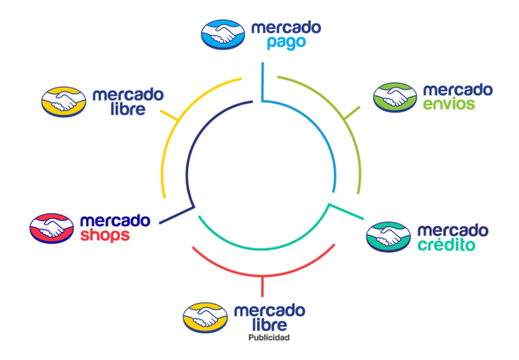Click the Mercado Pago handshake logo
pos(223,33)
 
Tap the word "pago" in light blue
pos(285,42)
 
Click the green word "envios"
pos(448,104)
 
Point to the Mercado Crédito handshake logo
pos(388,237)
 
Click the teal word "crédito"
pos(446,244)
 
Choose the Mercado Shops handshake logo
pos(52,228)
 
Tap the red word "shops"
pos(106,235)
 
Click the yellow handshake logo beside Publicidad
pos(205,318)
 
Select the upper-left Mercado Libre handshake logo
pos(63,101)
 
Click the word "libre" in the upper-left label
pos(128,109)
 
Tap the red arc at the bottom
pos(261,272)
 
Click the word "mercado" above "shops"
pos(114,221)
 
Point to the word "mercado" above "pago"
pos(285,28)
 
